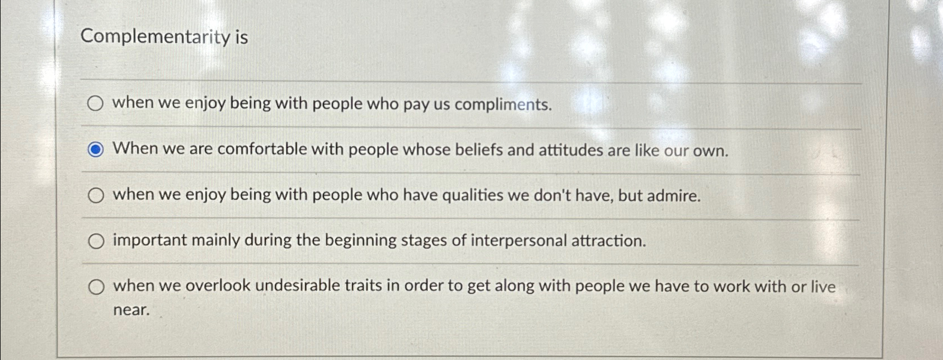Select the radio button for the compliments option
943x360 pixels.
coord(96,104)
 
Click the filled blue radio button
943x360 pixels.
coord(96,149)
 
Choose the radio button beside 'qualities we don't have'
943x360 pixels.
coord(96,195)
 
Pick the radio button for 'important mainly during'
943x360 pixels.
coord(96,241)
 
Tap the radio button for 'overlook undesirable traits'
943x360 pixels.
coord(96,287)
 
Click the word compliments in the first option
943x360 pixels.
coord(503,105)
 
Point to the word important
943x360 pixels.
coord(149,241)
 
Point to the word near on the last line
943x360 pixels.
coord(132,310)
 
